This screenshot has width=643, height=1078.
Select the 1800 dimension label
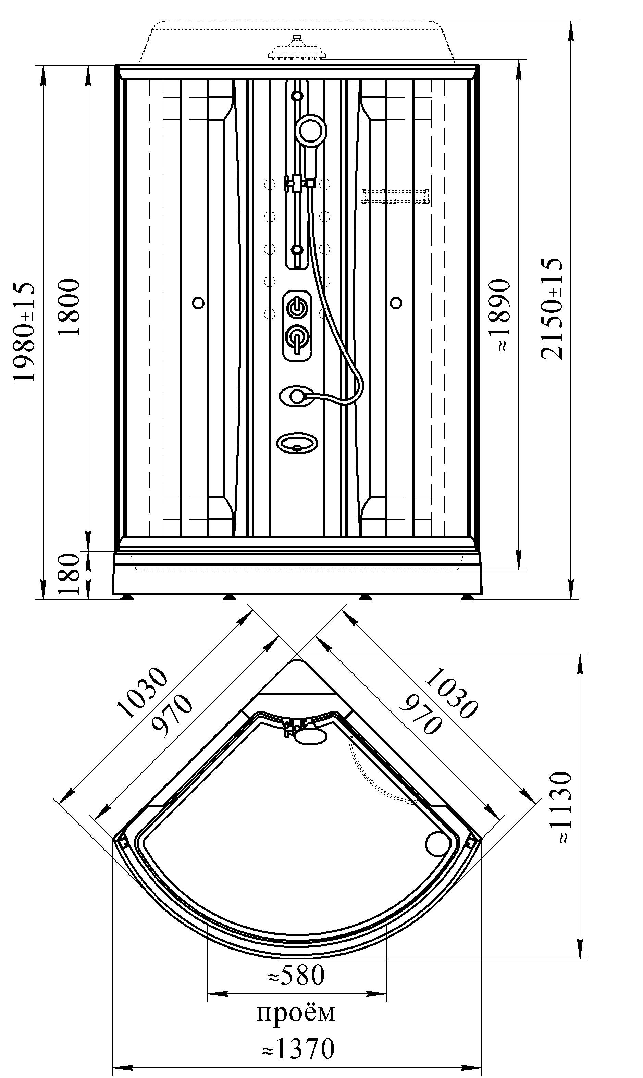[69, 308]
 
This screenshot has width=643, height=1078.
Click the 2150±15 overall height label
[552, 309]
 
